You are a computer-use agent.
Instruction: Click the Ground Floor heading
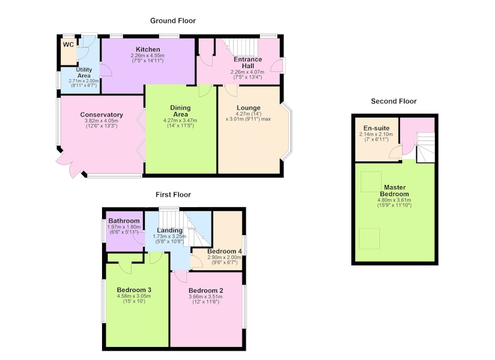pyautogui.click(x=173, y=21)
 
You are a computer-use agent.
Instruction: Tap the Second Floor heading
pyautogui.click(x=394, y=101)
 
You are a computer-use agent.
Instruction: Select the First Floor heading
pyautogui.click(x=173, y=195)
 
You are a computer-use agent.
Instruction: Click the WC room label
pyautogui.click(x=68, y=45)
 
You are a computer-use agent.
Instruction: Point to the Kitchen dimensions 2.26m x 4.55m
pyautogui.click(x=147, y=56)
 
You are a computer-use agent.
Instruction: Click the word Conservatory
pyautogui.click(x=101, y=115)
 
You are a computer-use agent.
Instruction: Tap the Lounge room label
pyautogui.click(x=249, y=108)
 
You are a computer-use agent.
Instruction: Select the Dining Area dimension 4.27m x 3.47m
pyautogui.click(x=180, y=121)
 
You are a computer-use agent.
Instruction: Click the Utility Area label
pyautogui.click(x=84, y=72)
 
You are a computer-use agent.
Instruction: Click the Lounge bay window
pyautogui.click(x=286, y=132)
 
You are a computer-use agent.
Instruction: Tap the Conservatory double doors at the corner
pyautogui.click(x=69, y=165)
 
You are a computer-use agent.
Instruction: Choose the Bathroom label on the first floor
pyautogui.click(x=124, y=221)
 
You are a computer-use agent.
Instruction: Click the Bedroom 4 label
pyautogui.click(x=225, y=252)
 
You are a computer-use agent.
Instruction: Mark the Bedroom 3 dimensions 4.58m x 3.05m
pyautogui.click(x=134, y=296)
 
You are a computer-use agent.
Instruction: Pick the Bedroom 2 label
pyautogui.click(x=206, y=291)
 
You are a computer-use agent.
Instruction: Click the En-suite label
pyautogui.click(x=376, y=128)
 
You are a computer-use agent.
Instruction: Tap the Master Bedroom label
pyautogui.click(x=394, y=191)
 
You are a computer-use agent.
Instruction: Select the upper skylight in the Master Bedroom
pyautogui.click(x=371, y=182)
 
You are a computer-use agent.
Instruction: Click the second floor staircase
pyautogui.click(x=425, y=147)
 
